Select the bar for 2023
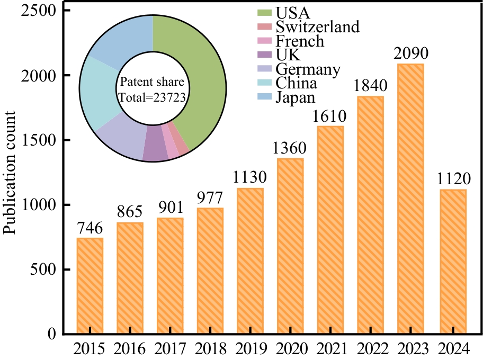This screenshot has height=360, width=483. coord(410,199)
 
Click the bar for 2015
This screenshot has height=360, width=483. coord(90,286)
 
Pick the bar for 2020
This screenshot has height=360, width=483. coord(290,246)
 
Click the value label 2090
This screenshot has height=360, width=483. coord(410,54)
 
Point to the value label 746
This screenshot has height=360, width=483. coord(90,228)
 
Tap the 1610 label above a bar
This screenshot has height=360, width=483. coord(330,116)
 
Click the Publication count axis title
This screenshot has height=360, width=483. coord(10,172)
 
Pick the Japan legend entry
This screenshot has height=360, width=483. coord(295,97)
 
